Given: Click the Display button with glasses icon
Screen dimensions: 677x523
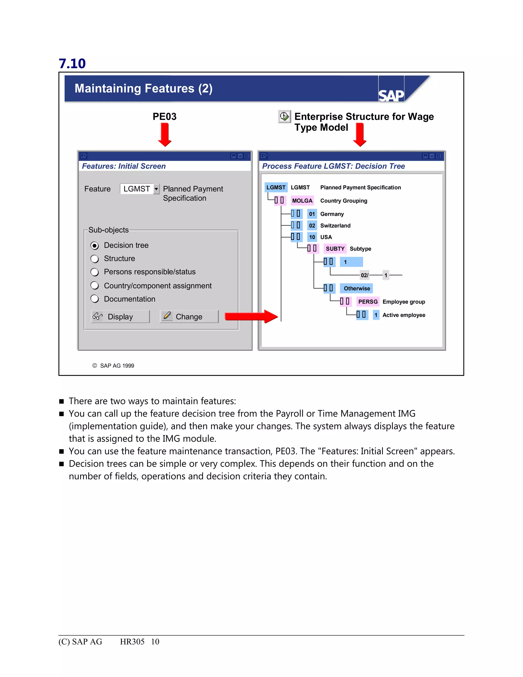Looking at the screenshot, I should click(120, 317).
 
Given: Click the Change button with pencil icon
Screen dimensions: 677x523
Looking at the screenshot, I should click(189, 317).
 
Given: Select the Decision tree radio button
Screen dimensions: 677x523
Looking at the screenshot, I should click(94, 246).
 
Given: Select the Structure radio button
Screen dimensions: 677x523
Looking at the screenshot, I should click(94, 259).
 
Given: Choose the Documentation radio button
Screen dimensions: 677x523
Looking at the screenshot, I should click(94, 299).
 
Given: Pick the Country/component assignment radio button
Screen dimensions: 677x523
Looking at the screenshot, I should click(94, 286).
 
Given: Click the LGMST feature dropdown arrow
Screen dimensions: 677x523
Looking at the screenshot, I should click(156, 189).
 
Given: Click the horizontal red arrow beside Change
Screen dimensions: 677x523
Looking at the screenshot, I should click(251, 317).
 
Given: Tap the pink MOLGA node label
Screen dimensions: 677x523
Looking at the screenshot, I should click(302, 201).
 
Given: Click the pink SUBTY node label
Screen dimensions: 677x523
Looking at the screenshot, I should click(335, 249).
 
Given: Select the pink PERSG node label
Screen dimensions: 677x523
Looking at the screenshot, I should click(368, 302).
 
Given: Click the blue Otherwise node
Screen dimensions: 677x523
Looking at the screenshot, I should click(356, 288).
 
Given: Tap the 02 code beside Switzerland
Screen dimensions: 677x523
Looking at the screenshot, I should click(312, 226).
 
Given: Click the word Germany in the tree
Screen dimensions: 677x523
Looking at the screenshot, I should click(332, 214).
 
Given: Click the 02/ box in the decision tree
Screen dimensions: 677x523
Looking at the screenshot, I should click(364, 275).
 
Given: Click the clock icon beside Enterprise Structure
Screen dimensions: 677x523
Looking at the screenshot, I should click(284, 116).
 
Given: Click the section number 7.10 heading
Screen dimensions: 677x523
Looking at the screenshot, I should click(72, 64).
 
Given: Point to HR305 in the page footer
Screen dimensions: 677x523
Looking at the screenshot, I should click(132, 641).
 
